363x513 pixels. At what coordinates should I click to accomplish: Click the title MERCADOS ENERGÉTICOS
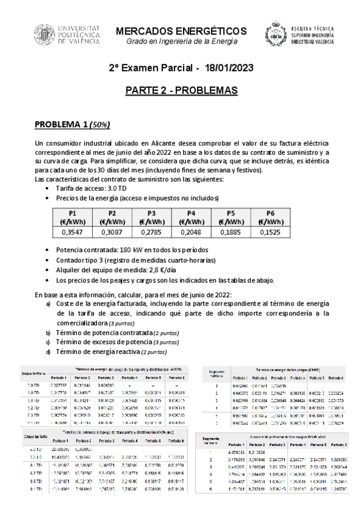pyautogui.click(x=181, y=31)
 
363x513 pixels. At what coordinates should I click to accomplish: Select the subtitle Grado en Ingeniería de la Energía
pyautogui.click(x=181, y=41)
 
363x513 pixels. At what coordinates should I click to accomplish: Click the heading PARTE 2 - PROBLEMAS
pyautogui.click(x=181, y=91)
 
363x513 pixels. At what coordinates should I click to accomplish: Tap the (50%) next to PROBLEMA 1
pyautogui.click(x=99, y=125)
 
